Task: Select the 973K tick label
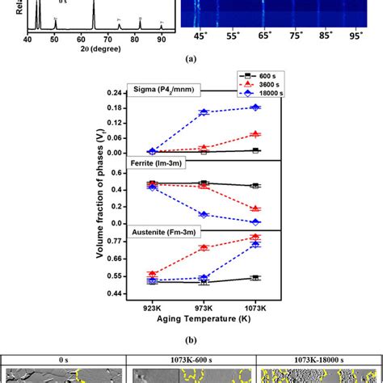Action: [x=204, y=308]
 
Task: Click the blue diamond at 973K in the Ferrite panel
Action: [x=204, y=214]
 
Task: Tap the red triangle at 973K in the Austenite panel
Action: [x=204, y=247]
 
